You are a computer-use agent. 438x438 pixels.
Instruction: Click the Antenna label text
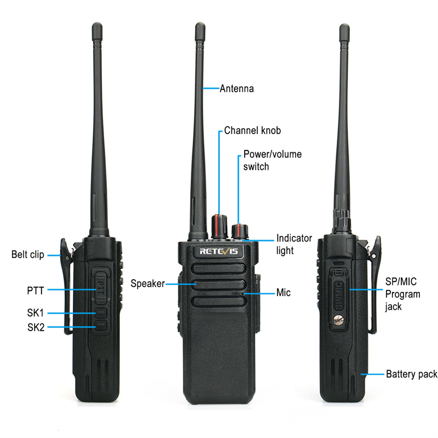pyautogui.click(x=237, y=89)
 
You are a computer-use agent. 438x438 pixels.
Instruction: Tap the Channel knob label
pyautogui.click(x=252, y=130)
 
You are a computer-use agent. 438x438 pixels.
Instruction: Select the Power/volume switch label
pyautogui.click(x=272, y=160)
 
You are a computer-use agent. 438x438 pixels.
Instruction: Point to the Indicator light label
pyautogui.click(x=294, y=244)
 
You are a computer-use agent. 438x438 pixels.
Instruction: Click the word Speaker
pyautogui.click(x=147, y=284)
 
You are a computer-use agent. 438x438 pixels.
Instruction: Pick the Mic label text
pyautogui.click(x=283, y=292)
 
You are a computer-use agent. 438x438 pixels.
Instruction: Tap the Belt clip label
pyautogui.click(x=28, y=255)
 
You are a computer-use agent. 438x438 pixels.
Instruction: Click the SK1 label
pyautogui.click(x=36, y=313)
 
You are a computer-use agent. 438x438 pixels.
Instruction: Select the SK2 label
pyautogui.click(x=36, y=327)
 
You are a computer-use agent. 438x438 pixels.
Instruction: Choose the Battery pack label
pyautogui.click(x=412, y=374)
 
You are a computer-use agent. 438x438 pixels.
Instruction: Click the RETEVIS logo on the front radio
pyautogui.click(x=218, y=251)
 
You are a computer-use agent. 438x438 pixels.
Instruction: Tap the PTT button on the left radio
pyautogui.click(x=101, y=289)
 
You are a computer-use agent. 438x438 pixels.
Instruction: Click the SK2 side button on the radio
pyautogui.click(x=101, y=325)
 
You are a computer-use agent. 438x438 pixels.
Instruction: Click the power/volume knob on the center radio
pyautogui.click(x=240, y=232)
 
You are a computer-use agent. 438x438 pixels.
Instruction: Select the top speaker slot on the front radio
pyautogui.click(x=218, y=269)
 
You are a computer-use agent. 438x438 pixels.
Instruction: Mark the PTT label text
pyautogui.click(x=36, y=291)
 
